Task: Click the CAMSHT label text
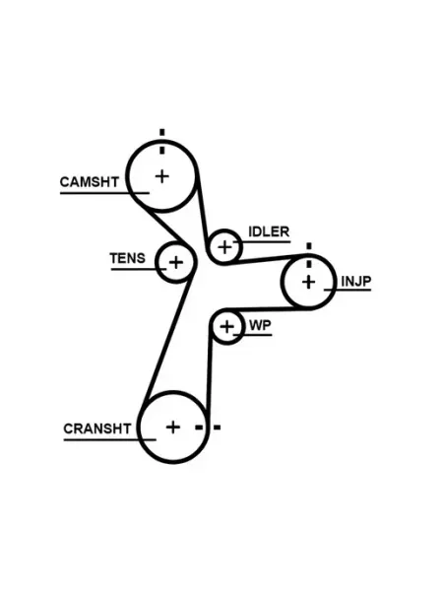point(90,182)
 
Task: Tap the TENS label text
point(127,258)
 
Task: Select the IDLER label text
point(269,231)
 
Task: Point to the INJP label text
point(356,281)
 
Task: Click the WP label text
point(260,325)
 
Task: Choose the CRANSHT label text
point(97,428)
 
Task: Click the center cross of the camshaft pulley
point(162,176)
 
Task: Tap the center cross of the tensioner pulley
point(176,262)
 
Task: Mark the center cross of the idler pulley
point(224,247)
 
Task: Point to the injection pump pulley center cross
point(308,282)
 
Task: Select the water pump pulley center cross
point(226,326)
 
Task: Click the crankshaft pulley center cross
point(173,427)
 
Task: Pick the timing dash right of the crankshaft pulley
point(218,427)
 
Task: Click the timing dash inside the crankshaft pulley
point(199,427)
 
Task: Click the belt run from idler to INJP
point(268,259)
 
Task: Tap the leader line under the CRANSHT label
point(109,440)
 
